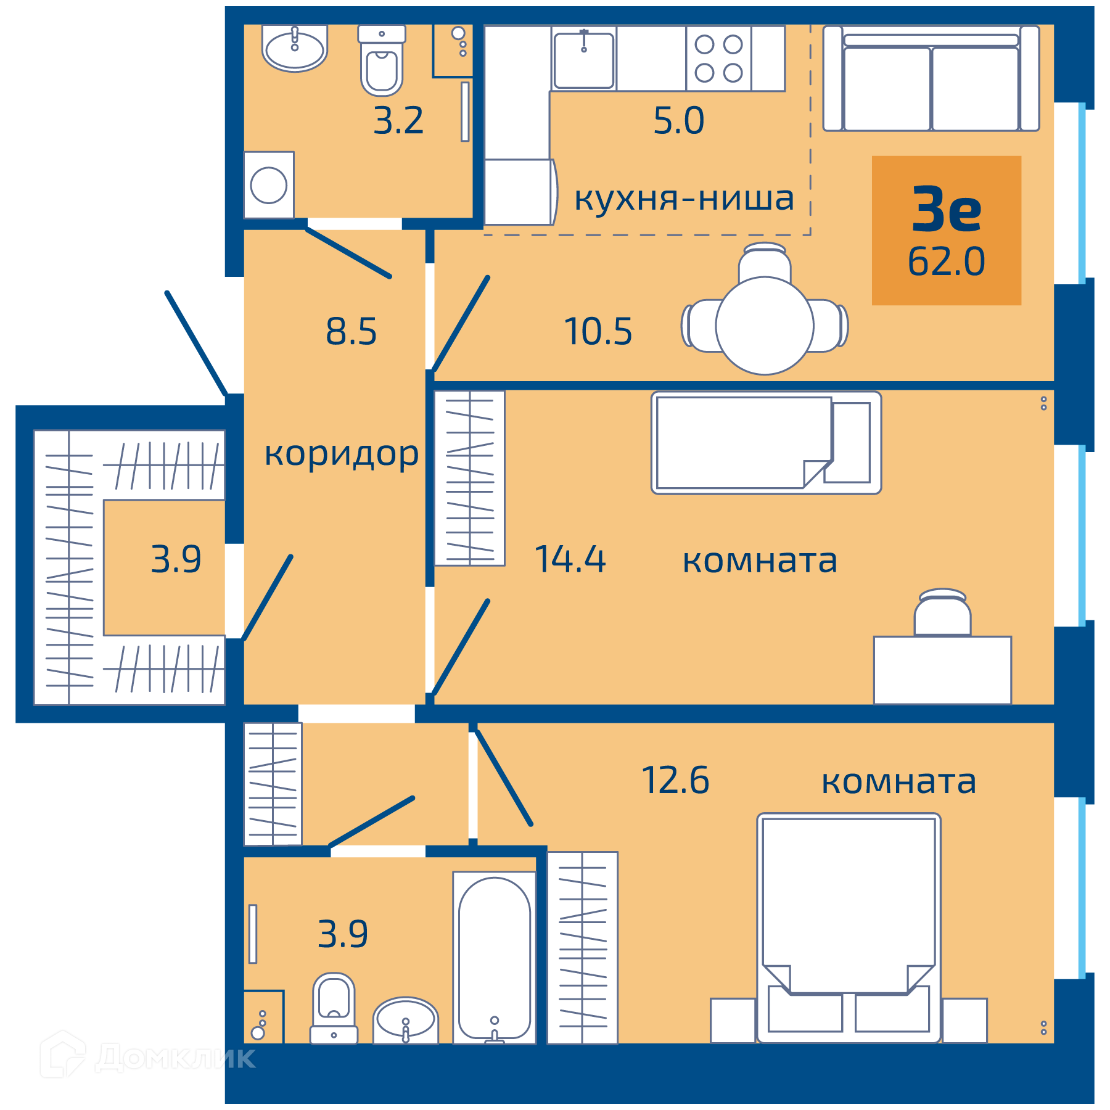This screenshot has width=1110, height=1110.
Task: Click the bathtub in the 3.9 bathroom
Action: pyautogui.click(x=495, y=957)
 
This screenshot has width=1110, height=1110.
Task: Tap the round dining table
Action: pyautogui.click(x=765, y=326)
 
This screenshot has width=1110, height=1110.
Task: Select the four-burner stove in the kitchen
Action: pyautogui.click(x=718, y=59)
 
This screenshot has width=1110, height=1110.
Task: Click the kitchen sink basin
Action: pyautogui.click(x=583, y=60)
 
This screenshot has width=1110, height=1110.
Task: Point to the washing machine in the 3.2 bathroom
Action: pyautogui.click(x=269, y=185)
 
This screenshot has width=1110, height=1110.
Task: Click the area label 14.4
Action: pyautogui.click(x=570, y=559)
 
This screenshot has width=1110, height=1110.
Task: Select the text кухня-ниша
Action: pyautogui.click(x=684, y=199)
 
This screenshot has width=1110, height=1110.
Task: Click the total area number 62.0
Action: pyautogui.click(x=946, y=261)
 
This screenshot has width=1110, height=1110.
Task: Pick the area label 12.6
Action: pyautogui.click(x=675, y=780)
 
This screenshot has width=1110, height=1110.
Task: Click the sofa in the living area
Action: pyautogui.click(x=931, y=78)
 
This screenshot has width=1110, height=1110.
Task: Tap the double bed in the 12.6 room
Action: pyautogui.click(x=849, y=928)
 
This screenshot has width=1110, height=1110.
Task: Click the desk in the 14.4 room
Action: pyautogui.click(x=942, y=670)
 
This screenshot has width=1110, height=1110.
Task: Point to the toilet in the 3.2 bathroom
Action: pyautogui.click(x=382, y=60)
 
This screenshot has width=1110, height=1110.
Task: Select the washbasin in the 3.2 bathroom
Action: pyautogui.click(x=295, y=47)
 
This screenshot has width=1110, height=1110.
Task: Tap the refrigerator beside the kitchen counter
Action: pyautogui.click(x=520, y=192)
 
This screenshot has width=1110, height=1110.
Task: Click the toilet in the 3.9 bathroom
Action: pyautogui.click(x=334, y=1008)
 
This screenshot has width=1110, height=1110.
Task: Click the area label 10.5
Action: pyautogui.click(x=598, y=331)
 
